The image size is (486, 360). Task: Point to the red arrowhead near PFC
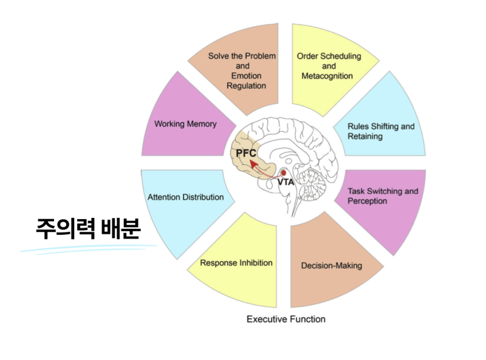point(254,163)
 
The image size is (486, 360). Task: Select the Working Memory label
point(185,124)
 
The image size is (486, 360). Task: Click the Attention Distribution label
point(185,197)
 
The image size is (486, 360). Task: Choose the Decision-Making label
point(332,265)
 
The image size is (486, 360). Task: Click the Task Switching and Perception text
point(383,196)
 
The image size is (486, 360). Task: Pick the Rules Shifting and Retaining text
point(381,131)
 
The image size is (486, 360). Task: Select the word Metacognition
point(329,76)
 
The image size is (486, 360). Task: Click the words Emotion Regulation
point(247,81)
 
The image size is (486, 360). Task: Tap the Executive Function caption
point(286,319)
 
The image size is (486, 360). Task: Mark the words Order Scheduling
point(329,56)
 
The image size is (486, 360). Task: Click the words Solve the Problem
point(242,56)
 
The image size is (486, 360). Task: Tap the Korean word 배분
point(120,229)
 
